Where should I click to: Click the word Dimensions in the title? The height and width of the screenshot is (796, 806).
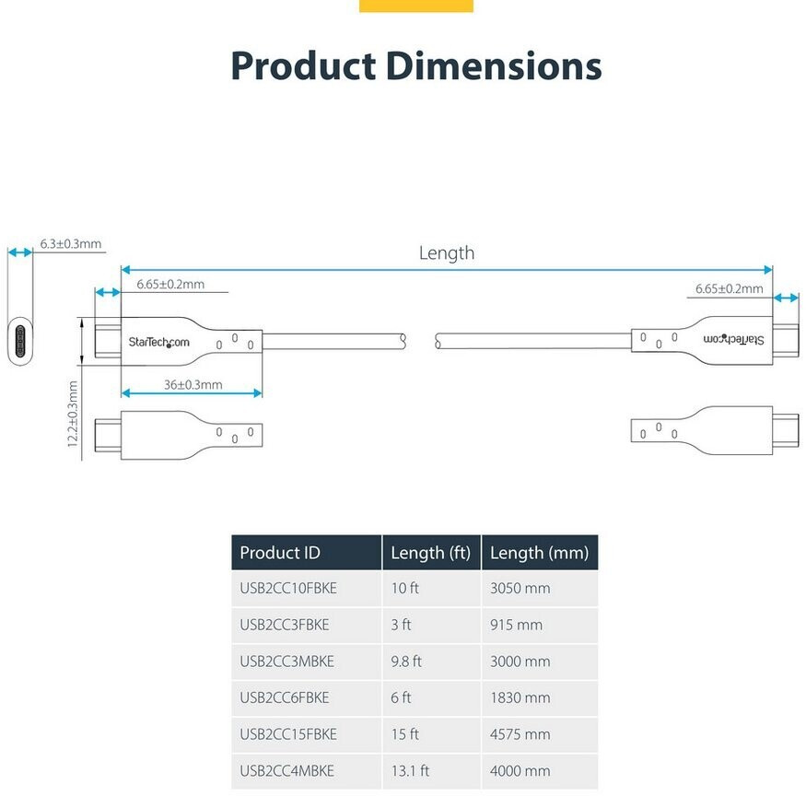(494, 65)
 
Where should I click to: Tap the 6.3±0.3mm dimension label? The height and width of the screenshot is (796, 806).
(70, 244)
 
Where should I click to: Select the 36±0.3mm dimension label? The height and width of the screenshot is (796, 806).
(193, 384)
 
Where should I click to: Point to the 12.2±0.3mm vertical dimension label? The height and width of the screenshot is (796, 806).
(73, 414)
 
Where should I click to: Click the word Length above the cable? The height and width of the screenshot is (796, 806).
(446, 253)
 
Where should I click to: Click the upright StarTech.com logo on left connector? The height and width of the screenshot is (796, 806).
(158, 343)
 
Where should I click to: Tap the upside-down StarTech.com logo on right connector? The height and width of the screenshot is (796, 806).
(733, 339)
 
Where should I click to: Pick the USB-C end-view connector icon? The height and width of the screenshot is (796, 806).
(20, 341)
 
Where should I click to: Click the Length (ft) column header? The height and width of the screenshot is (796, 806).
(431, 552)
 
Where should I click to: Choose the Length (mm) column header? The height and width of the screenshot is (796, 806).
(539, 552)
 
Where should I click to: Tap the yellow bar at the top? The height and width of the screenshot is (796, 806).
(415, 6)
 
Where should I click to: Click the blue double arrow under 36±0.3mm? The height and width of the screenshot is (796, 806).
(192, 393)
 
